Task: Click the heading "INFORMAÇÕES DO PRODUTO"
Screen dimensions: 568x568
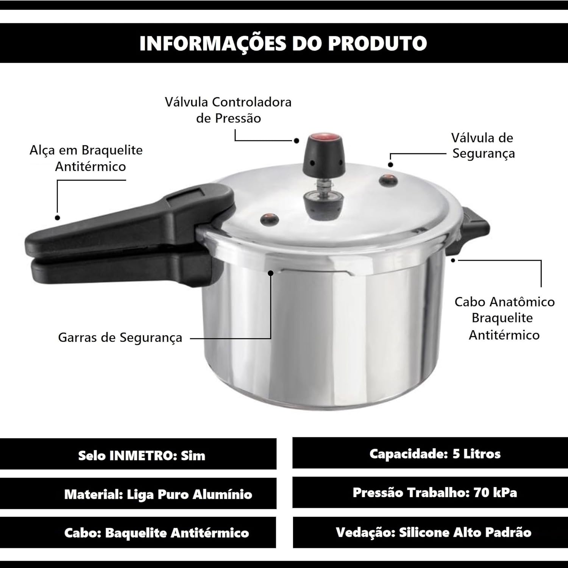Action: [x=283, y=43]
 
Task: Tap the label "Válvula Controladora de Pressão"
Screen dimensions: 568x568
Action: [x=228, y=110]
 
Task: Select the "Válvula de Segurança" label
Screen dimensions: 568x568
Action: [x=483, y=145]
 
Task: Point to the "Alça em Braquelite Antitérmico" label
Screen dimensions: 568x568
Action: [x=86, y=158]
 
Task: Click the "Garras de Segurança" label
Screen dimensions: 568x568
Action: [x=120, y=338]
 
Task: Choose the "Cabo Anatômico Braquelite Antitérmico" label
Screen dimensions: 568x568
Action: [x=504, y=318]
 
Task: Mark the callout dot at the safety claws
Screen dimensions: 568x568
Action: [x=270, y=273]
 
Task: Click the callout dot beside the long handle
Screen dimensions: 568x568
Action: [x=58, y=218]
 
